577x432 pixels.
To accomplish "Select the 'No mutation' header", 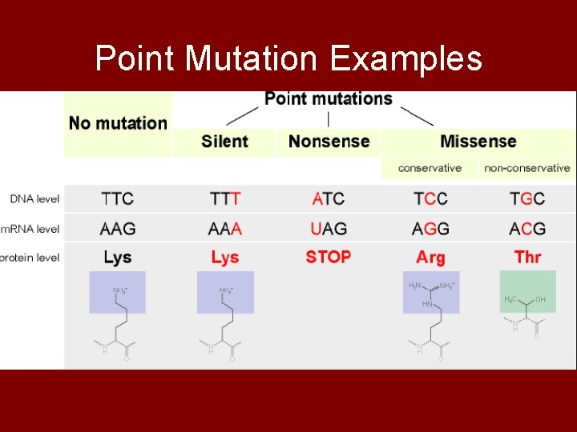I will pyautogui.click(x=118, y=123).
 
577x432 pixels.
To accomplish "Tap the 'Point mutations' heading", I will pyautogui.click(x=329, y=98).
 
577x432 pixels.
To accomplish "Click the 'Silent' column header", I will pyautogui.click(x=224, y=142).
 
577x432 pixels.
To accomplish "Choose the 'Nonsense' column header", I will pyautogui.click(x=329, y=142).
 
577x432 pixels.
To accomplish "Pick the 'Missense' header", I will pyautogui.click(x=478, y=142).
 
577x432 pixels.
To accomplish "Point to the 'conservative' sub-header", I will pyautogui.click(x=430, y=168).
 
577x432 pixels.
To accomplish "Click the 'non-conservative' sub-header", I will pyautogui.click(x=527, y=168).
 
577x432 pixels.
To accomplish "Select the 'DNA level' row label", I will pyautogui.click(x=34, y=198).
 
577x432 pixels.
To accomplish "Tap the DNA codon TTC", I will pyautogui.click(x=117, y=198).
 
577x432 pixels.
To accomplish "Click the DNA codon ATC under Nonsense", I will pyautogui.click(x=329, y=198).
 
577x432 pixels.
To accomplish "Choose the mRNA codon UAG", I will pyautogui.click(x=329, y=229).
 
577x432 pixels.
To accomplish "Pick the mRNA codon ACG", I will pyautogui.click(x=527, y=229).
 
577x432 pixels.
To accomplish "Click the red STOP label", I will pyautogui.click(x=329, y=258).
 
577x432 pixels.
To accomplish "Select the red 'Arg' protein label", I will pyautogui.click(x=430, y=258).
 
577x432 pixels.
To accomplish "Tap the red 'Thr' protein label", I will pyautogui.click(x=527, y=258).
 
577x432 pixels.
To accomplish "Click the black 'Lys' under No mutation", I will pyautogui.click(x=117, y=258).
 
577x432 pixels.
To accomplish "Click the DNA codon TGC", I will pyautogui.click(x=527, y=198).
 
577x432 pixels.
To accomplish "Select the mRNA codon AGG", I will pyautogui.click(x=430, y=229).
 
